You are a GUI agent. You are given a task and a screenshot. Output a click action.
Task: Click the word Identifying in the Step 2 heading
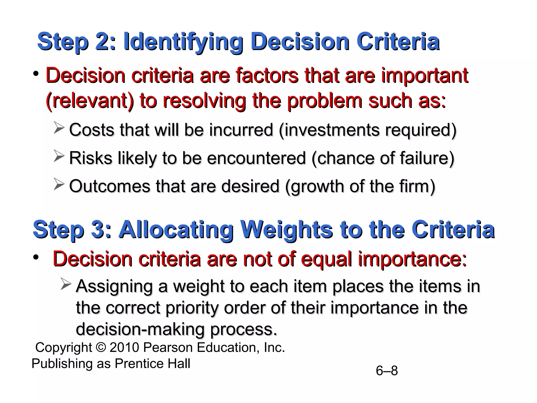(x=183, y=42)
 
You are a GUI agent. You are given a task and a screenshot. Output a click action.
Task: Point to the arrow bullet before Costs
(x=59, y=128)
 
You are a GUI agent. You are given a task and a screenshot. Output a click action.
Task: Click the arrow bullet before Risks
(x=59, y=156)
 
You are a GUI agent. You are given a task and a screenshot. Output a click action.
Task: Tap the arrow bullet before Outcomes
(x=59, y=184)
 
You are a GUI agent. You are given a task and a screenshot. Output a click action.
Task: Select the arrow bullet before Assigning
(x=66, y=284)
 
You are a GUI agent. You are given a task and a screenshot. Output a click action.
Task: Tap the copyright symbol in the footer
(x=101, y=347)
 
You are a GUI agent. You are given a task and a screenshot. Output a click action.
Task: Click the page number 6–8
(x=387, y=371)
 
